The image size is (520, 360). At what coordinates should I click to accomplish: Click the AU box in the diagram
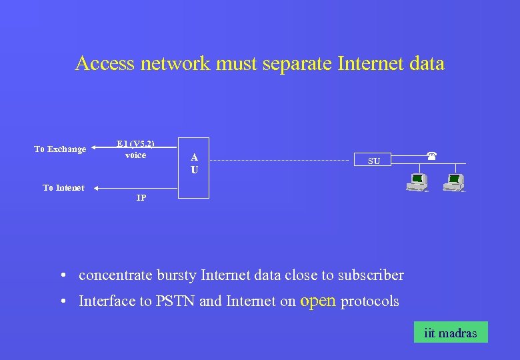pos(194,167)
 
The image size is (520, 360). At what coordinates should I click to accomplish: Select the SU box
pos(374,161)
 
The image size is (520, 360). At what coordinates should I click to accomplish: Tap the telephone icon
pos(431,155)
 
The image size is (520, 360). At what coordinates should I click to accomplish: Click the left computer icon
pos(418,182)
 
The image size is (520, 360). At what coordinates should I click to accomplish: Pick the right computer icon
pos(454,182)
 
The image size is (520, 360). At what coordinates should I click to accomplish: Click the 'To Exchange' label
pos(60,149)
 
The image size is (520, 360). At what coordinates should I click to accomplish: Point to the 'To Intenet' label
pos(63,188)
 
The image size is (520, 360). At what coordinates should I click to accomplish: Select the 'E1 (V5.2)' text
pos(135,143)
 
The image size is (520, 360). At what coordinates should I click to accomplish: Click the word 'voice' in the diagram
pos(135,155)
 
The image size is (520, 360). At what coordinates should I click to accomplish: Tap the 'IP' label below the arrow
pos(141,199)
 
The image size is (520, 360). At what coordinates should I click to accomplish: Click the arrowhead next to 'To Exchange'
pos(95,149)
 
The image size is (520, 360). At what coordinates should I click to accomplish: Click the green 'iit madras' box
pos(450,333)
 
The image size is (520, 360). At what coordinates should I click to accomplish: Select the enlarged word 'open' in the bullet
pos(318,300)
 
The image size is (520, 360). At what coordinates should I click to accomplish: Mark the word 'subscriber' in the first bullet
pos(371,275)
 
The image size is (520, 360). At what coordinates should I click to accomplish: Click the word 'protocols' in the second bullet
pos(369,301)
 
